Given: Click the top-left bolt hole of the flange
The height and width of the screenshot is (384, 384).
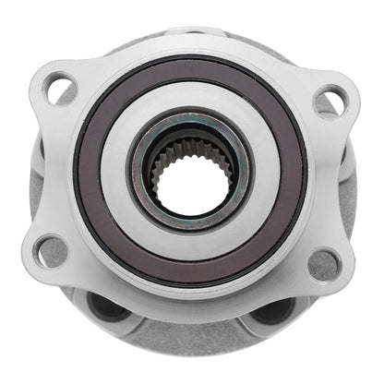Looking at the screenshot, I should point(60,90).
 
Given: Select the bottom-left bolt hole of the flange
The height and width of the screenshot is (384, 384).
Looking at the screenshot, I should point(51,249).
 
